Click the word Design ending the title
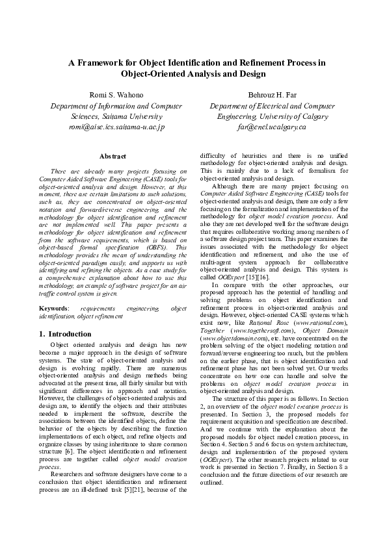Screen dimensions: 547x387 click(x=252, y=74)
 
